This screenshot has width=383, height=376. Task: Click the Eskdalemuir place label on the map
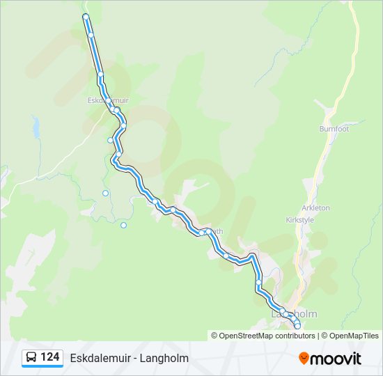click(108, 100)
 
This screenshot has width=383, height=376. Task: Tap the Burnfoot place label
click(334, 129)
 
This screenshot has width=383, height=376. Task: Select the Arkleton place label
click(316, 208)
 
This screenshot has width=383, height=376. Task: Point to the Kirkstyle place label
click(300, 220)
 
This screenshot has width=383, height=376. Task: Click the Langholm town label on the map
click(295, 314)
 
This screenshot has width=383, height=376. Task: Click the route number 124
click(50, 357)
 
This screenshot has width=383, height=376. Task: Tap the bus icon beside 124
click(31, 358)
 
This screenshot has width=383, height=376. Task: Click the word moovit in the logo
click(336, 359)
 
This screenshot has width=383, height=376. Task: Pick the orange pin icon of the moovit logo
click(304, 358)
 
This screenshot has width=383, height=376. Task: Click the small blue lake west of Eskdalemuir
click(35, 127)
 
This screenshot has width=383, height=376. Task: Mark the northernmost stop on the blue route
click(85, 16)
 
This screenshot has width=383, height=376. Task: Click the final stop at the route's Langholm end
click(297, 326)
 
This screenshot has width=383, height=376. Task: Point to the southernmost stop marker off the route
click(123, 225)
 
